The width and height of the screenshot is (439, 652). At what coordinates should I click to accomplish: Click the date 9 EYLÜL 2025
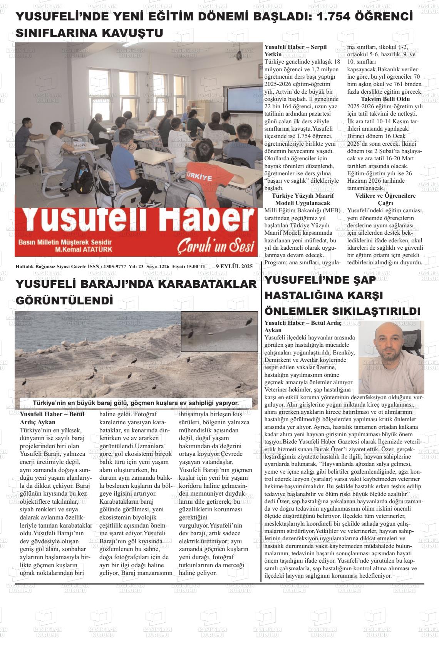pos(234,266)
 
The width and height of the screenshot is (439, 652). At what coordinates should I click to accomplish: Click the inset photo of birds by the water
pos(219,331)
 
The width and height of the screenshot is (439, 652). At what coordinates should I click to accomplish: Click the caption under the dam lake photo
pos(136,403)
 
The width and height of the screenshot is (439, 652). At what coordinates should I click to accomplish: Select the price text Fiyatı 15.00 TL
pos(189,266)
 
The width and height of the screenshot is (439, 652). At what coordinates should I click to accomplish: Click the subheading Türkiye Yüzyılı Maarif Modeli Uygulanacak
pos(303,199)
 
